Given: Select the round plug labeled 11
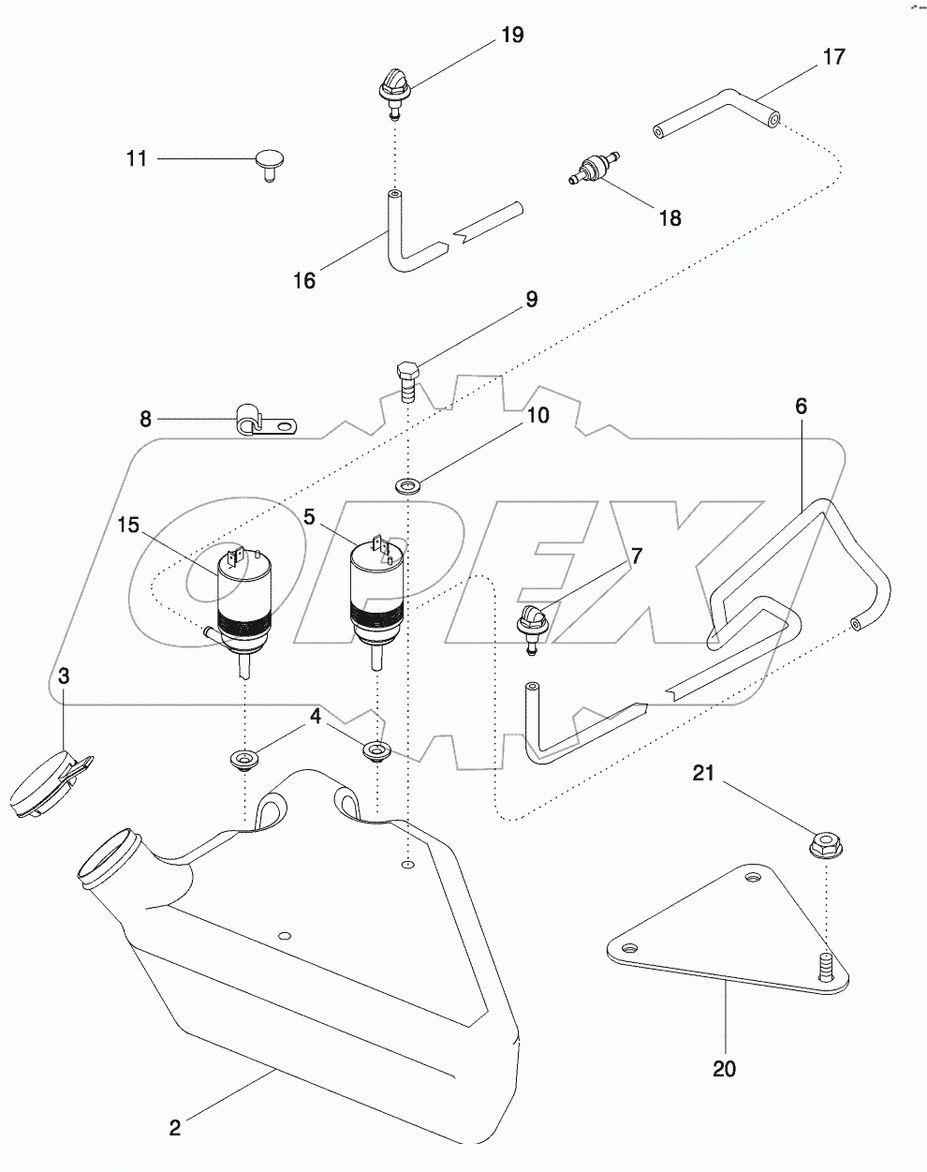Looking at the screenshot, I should coord(270,166).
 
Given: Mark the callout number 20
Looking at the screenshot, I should coord(724,1068).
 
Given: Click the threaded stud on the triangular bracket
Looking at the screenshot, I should coord(825,965).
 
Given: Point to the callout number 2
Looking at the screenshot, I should coord(174,1128).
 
